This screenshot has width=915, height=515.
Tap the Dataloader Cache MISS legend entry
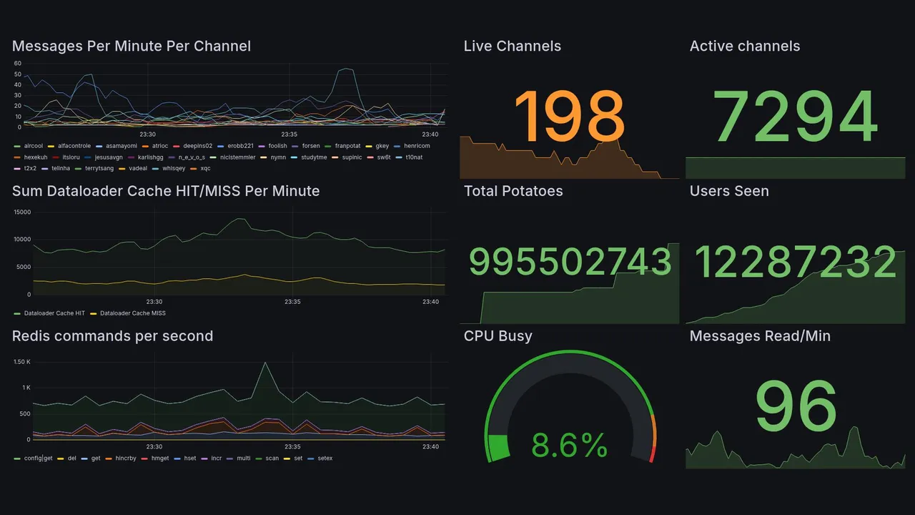[133, 313]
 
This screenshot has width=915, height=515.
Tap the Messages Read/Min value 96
[796, 406]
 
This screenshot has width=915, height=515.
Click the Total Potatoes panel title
[513, 191]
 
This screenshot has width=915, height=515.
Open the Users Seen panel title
[729, 191]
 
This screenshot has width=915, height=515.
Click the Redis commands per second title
[112, 336]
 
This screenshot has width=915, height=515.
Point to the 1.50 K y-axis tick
[22, 362]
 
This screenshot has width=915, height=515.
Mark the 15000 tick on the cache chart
[22, 212]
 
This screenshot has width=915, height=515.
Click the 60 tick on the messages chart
[18, 63]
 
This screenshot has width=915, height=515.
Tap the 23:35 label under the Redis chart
[292, 447]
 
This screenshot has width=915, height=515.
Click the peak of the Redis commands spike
[265, 363]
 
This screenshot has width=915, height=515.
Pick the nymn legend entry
[274, 157]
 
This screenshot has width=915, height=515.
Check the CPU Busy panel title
[498, 336]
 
